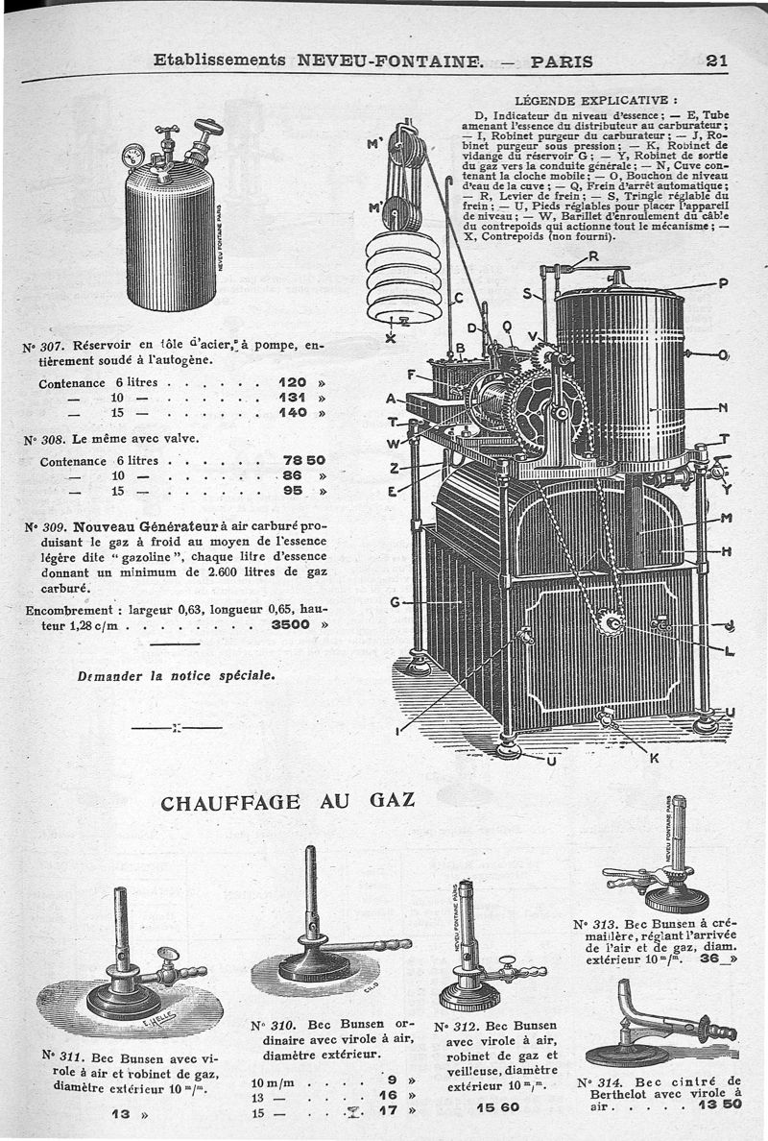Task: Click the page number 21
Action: pyautogui.click(x=716, y=61)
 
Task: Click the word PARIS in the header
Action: pyautogui.click(x=562, y=61)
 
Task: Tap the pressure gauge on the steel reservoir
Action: pyautogui.click(x=134, y=154)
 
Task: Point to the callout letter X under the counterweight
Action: pyautogui.click(x=390, y=337)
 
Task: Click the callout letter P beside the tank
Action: pyautogui.click(x=723, y=282)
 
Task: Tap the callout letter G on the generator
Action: pyautogui.click(x=394, y=602)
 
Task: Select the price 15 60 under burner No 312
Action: pyautogui.click(x=496, y=1107)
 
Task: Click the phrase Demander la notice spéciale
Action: pyautogui.click(x=176, y=675)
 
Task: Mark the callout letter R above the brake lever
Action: pyautogui.click(x=593, y=255)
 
